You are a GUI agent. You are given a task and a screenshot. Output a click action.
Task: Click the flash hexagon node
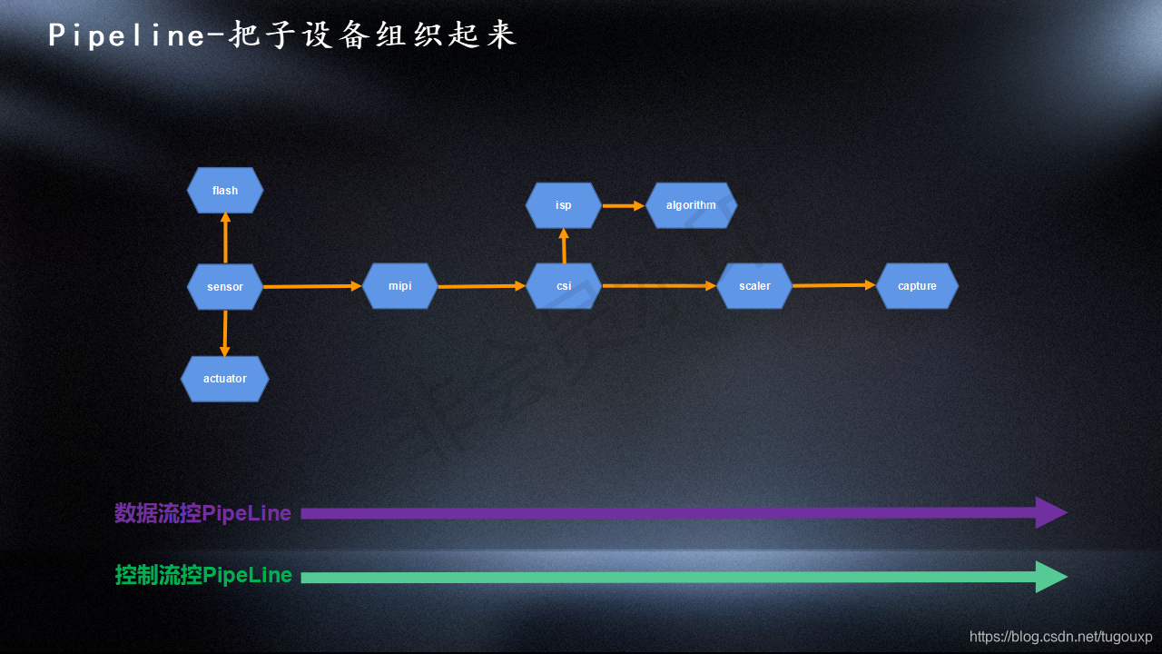point(225,191)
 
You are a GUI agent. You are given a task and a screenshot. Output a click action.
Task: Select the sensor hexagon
point(225,287)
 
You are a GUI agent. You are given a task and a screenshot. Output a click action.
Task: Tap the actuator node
point(225,379)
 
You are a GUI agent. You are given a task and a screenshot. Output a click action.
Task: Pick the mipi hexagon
point(400,286)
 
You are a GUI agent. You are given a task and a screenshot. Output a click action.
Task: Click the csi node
point(564,286)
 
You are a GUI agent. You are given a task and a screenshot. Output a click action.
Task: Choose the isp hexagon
point(564,205)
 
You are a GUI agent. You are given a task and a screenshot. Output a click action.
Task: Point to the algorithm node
point(691,205)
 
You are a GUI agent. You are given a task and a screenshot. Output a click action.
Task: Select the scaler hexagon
point(754,286)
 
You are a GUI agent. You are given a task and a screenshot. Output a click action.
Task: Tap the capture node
point(917,286)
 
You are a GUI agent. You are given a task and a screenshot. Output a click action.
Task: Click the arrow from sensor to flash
point(225,238)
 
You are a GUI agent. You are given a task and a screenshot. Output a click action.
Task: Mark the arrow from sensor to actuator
point(225,333)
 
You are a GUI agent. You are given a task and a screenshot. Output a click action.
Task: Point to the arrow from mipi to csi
point(482,286)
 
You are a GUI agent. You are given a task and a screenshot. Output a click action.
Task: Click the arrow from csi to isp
point(564,246)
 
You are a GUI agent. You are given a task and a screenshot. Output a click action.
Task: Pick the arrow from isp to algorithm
point(623,205)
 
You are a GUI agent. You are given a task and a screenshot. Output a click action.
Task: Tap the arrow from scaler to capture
point(833,285)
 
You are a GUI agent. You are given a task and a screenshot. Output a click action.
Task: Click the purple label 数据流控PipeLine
point(202,513)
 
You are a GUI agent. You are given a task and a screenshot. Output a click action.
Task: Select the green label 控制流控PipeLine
point(202,575)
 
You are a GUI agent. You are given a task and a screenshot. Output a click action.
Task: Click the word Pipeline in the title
point(127,35)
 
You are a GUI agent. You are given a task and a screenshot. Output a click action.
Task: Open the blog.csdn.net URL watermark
point(1060,637)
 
